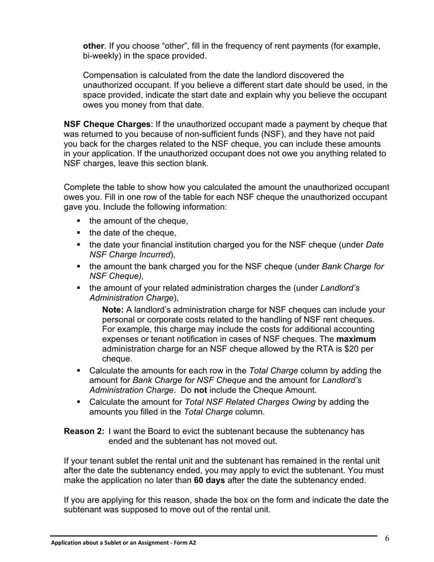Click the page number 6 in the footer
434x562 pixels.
(387, 538)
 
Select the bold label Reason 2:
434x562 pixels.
(84, 431)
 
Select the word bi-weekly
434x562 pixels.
(102, 56)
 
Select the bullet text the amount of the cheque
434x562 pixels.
(138, 221)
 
